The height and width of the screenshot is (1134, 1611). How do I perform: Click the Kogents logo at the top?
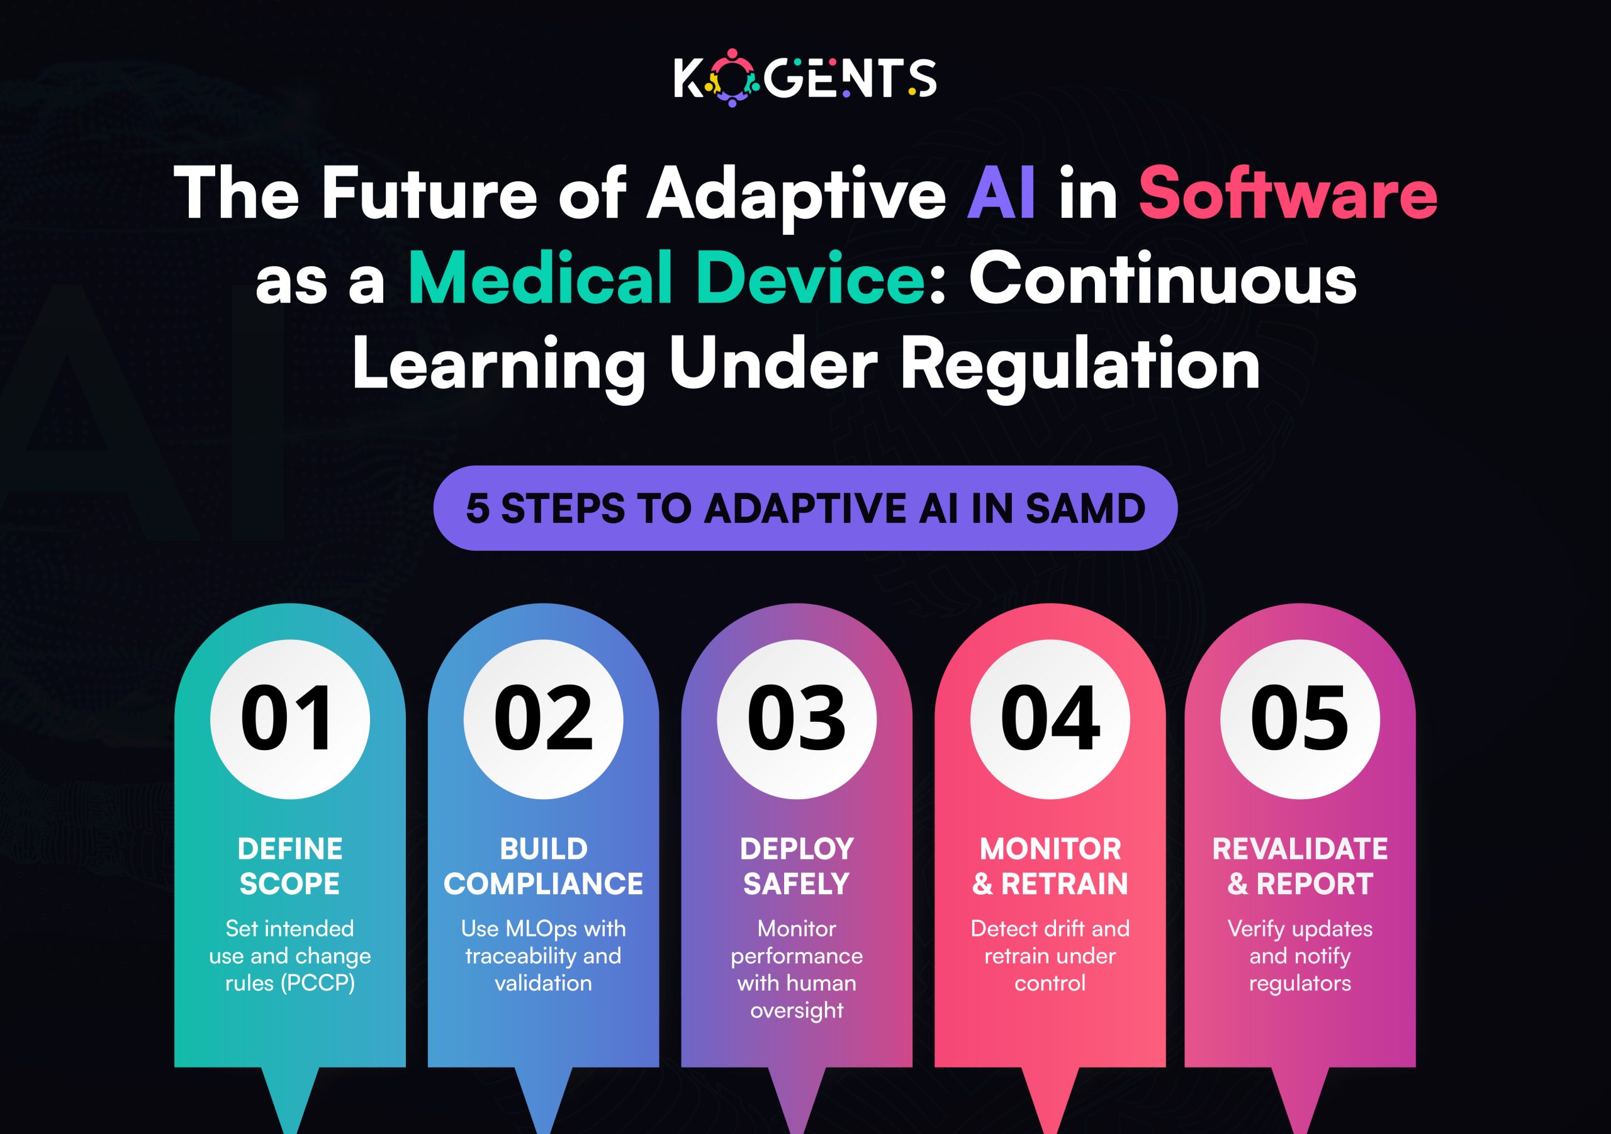pos(805,77)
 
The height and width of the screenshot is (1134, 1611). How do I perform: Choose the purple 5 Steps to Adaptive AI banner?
pos(805,508)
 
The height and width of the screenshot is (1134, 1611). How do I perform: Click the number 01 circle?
pos(289,719)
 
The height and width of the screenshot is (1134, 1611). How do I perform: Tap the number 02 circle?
pos(543,719)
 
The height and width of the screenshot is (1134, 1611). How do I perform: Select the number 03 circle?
pos(797,719)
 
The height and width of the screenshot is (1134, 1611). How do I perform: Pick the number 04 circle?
pos(1050,719)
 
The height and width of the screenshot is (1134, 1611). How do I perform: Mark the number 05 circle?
pos(1299,719)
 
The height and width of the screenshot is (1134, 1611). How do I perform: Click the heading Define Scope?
pos(289,866)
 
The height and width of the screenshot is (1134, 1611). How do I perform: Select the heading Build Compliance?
pos(543,866)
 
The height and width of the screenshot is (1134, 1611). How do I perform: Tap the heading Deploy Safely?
pos(797,866)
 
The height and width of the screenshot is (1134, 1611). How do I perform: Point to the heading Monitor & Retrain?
pos(1050,866)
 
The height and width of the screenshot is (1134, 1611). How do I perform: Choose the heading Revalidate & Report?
pos(1299,866)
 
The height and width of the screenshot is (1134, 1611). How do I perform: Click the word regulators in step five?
pos(1299,984)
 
